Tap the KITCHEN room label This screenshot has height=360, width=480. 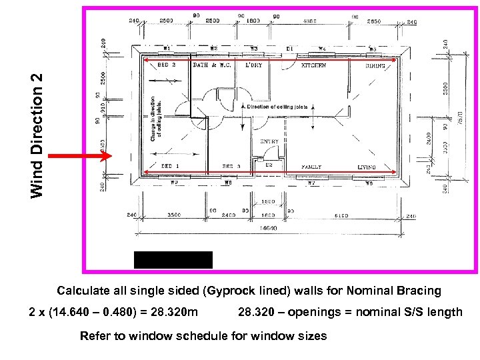click(x=313, y=65)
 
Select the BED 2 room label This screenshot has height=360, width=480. click(x=167, y=65)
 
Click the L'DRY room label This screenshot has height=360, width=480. click(x=254, y=65)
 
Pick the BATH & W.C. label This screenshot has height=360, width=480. click(x=209, y=65)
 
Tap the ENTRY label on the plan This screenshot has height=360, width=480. click(x=269, y=141)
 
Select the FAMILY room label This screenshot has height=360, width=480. click(x=311, y=167)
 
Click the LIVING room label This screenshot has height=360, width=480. click(x=366, y=167)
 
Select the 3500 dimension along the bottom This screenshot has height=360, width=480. click(x=175, y=215)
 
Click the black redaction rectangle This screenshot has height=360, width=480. click(x=173, y=259)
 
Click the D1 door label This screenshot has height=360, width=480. click(x=289, y=48)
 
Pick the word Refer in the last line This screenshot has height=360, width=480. click(x=93, y=335)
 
